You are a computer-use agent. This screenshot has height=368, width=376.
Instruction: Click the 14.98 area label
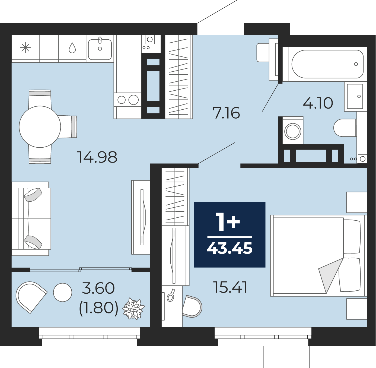click(x=97, y=157)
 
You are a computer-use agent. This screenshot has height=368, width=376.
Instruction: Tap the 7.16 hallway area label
click(x=226, y=113)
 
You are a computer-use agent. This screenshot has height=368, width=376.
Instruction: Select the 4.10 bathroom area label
click(x=318, y=103)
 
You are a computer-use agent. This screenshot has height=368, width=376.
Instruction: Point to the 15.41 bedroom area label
click(x=230, y=287)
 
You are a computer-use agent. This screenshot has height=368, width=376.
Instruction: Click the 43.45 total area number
click(x=230, y=248)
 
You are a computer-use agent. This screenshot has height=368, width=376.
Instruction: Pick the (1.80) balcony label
click(x=98, y=309)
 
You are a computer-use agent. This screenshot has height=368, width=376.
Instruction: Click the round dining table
click(x=40, y=127)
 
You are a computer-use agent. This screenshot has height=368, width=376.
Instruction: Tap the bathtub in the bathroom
click(x=327, y=64)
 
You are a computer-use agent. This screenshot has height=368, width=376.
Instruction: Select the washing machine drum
click(x=293, y=131)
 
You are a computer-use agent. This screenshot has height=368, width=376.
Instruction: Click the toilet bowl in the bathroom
click(x=345, y=128)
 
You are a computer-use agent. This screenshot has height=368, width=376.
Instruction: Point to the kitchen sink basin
click(x=100, y=49)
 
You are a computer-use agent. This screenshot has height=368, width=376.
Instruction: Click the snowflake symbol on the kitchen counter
click(x=26, y=48)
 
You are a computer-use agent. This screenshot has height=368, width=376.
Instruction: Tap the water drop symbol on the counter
click(x=72, y=48)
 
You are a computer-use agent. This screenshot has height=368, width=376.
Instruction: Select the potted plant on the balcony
click(x=133, y=309)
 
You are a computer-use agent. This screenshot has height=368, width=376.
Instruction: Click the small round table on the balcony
click(x=63, y=293)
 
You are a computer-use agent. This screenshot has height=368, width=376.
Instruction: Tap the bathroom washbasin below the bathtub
click(x=355, y=96)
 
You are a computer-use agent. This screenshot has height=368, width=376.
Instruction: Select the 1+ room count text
click(x=228, y=222)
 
